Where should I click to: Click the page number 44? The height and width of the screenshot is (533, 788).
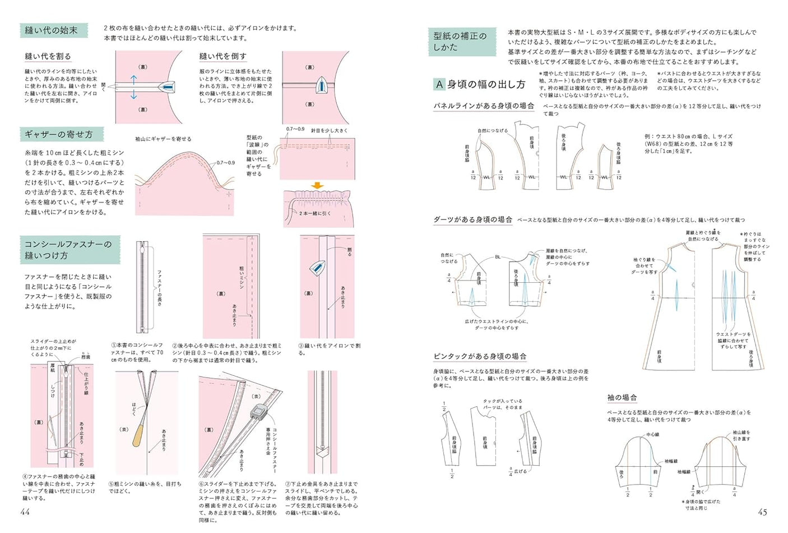(x=25, y=512)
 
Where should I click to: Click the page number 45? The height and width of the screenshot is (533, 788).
(x=762, y=512)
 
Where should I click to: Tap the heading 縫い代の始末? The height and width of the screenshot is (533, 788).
(x=52, y=30)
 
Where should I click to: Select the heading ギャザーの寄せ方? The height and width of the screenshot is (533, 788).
(x=58, y=135)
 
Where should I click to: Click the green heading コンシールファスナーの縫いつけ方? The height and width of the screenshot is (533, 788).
(x=68, y=250)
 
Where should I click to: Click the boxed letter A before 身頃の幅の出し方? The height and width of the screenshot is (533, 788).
(x=439, y=84)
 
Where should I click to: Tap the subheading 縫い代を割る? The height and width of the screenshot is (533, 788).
(x=48, y=57)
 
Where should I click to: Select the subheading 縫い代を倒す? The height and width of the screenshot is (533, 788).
(x=223, y=57)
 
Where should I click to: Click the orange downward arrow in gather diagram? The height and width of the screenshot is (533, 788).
(x=317, y=186)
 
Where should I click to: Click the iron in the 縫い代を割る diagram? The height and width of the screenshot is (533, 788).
(x=166, y=87)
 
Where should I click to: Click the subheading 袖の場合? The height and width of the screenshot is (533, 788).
(x=622, y=397)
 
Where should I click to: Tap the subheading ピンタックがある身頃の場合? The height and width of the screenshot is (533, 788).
(x=480, y=356)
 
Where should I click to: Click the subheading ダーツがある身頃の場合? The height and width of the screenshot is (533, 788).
(x=473, y=220)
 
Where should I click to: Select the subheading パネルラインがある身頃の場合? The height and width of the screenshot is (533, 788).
(x=484, y=105)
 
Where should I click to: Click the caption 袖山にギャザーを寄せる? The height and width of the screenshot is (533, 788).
(x=163, y=139)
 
